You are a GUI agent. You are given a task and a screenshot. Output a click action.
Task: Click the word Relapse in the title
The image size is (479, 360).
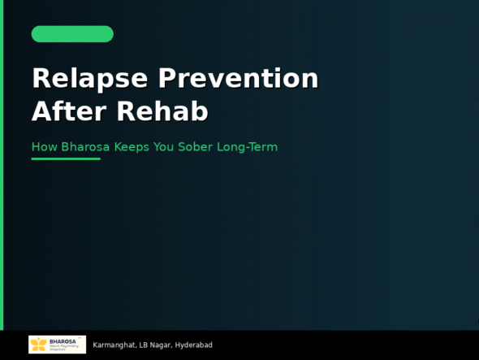[90, 79]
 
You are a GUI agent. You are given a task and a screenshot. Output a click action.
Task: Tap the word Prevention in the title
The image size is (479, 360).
[238, 79]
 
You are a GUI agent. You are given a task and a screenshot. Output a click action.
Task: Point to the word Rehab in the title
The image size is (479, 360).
[162, 111]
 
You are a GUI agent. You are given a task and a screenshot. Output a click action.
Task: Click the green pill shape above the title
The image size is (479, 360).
[72, 34]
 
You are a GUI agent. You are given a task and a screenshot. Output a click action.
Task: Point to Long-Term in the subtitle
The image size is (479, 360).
[247, 147]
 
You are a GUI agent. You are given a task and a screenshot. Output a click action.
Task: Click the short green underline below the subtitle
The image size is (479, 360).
[66, 158]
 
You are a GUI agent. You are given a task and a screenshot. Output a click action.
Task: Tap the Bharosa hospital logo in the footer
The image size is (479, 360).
[57, 345]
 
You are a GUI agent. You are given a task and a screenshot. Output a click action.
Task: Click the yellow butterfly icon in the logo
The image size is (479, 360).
[38, 345]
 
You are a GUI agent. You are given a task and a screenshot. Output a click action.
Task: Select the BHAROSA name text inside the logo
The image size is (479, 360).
[63, 341]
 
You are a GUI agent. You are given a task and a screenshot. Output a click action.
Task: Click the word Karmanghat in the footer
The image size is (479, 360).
[114, 345]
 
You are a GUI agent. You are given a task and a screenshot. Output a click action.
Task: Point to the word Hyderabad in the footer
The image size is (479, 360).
[194, 345]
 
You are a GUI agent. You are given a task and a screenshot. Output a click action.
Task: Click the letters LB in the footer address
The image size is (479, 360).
[144, 345]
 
